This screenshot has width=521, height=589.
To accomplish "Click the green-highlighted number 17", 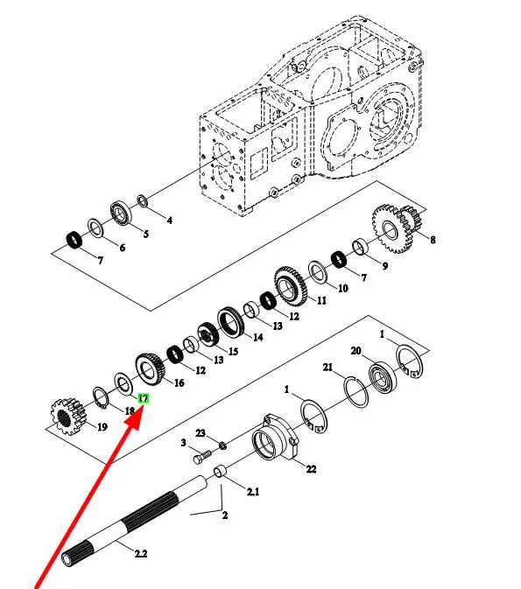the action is tap(144, 398).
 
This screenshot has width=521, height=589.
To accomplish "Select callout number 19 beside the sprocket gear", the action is tap(102, 427).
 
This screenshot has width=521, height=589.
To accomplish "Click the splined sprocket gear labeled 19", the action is tap(68, 417).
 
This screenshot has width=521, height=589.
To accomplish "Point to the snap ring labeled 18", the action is tap(101, 397).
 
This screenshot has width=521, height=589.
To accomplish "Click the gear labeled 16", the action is tap(150, 368).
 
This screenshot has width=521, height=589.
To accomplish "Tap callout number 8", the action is tap(433, 240).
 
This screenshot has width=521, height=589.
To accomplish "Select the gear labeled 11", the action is tap(291, 286).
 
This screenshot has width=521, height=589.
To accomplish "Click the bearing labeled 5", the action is tap(121, 214).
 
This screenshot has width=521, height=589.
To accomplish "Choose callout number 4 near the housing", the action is tap(170, 221).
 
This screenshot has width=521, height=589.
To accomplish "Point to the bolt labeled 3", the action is tap(201, 458).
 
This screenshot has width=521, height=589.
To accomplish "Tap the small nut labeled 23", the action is tap(222, 445).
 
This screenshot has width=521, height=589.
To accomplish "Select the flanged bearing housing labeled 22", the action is tap(275, 438).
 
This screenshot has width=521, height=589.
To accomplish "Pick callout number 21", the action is tap(327, 367).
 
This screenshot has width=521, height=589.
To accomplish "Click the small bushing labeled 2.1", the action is tap(221, 473).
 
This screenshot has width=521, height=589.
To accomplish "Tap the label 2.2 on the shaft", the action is tap(141, 553).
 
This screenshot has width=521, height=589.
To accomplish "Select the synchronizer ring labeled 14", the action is tap(231, 323).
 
